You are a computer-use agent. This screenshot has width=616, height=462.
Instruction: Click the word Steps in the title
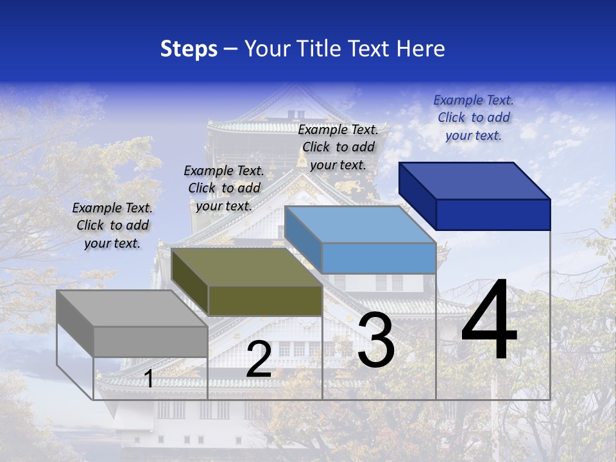[x=189, y=49]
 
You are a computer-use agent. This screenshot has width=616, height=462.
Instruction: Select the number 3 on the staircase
[x=376, y=340]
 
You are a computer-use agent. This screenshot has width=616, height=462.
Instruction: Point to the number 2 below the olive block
[x=259, y=359]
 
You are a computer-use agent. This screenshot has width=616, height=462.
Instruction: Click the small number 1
[x=149, y=379]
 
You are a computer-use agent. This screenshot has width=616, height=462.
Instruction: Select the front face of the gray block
[x=151, y=341]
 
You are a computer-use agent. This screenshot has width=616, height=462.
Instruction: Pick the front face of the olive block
[x=265, y=300]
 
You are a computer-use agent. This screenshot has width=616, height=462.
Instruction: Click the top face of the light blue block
[x=359, y=224]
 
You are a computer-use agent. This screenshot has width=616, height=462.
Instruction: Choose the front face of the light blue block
[x=379, y=258]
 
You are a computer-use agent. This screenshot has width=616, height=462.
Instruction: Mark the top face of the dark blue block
[x=474, y=180]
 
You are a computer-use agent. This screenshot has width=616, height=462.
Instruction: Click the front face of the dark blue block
[x=493, y=214]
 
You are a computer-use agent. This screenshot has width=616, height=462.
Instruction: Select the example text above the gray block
[x=112, y=225]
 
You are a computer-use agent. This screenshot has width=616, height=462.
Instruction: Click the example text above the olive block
[x=224, y=188]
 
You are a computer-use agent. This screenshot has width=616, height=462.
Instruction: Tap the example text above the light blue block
[x=338, y=147]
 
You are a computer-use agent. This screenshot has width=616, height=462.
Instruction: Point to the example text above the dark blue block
[x=474, y=117]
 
